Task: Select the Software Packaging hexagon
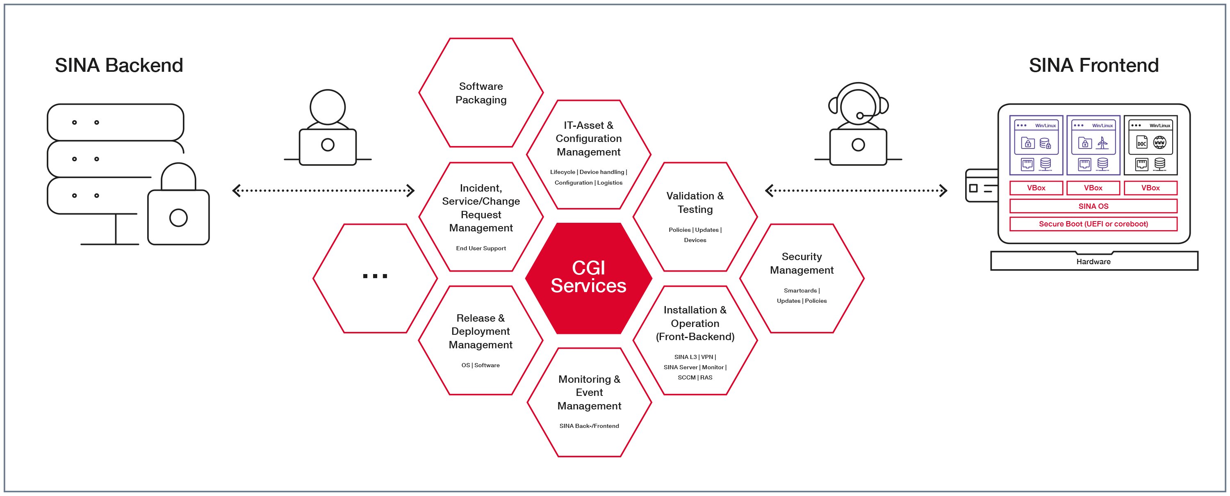click(481, 93)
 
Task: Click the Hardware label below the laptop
click(1093, 261)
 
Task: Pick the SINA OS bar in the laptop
click(1093, 206)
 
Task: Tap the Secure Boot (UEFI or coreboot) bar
click(1093, 224)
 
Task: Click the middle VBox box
click(1093, 188)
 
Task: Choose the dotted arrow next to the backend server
click(323, 191)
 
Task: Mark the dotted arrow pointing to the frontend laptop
click(856, 191)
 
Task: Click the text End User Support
click(481, 248)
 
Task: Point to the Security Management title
click(802, 263)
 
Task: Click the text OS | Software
click(481, 365)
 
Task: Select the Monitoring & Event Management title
click(589, 392)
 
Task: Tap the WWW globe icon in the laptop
click(1159, 142)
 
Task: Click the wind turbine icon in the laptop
click(1102, 142)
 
